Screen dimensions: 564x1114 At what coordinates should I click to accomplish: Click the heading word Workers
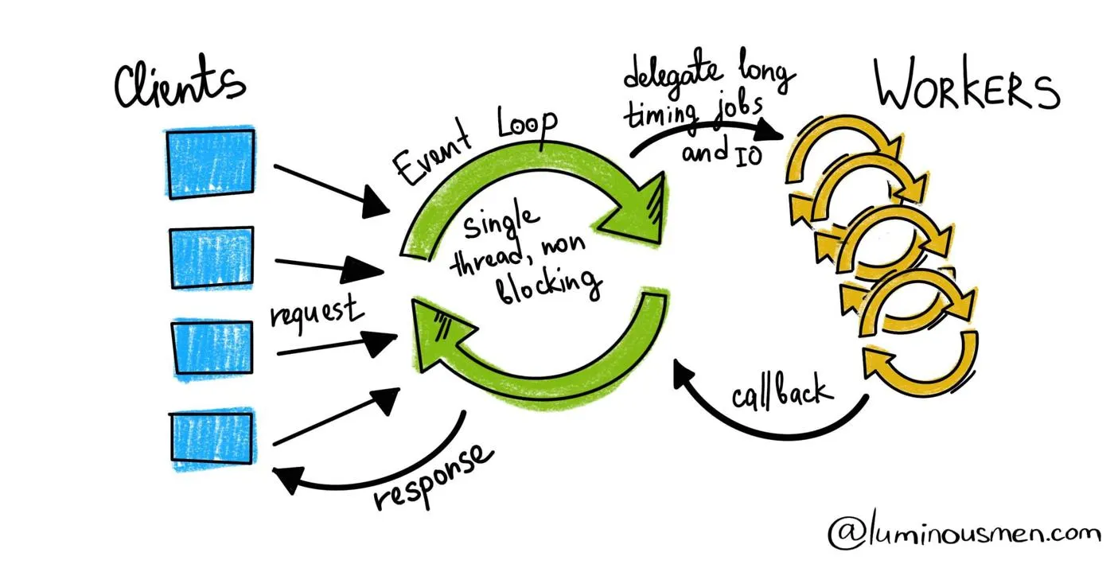[x=967, y=88]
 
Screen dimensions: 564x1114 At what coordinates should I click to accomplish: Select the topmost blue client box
[x=210, y=163]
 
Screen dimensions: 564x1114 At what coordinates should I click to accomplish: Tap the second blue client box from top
[x=212, y=258]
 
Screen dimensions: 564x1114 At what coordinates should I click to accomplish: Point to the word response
[x=434, y=477]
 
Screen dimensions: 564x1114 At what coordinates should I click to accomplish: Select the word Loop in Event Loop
[x=527, y=127]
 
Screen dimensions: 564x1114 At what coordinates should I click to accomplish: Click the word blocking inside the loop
[x=548, y=289]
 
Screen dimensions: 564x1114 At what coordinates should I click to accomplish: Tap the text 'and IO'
[x=721, y=150]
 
